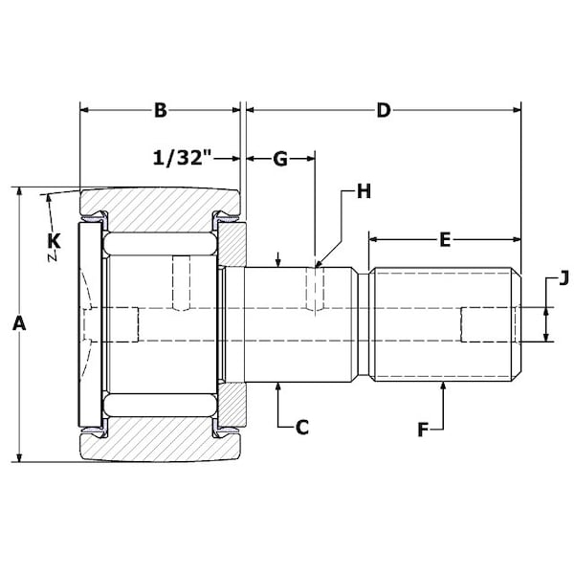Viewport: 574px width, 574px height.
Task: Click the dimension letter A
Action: tap(19, 324)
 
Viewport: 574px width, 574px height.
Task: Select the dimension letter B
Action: tap(161, 110)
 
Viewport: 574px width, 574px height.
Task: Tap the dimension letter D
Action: tap(384, 110)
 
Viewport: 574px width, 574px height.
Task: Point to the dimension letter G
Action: tap(280, 159)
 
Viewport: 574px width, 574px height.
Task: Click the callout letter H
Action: tap(364, 191)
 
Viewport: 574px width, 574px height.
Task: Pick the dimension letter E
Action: tap(445, 240)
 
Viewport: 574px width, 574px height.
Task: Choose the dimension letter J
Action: tap(563, 278)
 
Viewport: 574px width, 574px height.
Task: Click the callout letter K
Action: tap(55, 241)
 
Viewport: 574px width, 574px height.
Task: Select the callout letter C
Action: tap(302, 428)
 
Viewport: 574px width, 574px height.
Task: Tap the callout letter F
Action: tap(423, 430)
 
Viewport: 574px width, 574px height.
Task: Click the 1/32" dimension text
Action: tap(183, 158)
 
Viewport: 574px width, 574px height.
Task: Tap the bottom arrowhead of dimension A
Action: tap(20, 457)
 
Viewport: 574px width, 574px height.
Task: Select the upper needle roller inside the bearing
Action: tap(160, 243)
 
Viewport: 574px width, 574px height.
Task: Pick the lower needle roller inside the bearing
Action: tap(160, 406)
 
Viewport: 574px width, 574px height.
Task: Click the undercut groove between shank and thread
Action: tap(364, 324)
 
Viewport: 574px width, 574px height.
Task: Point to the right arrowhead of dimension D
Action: tap(517, 110)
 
